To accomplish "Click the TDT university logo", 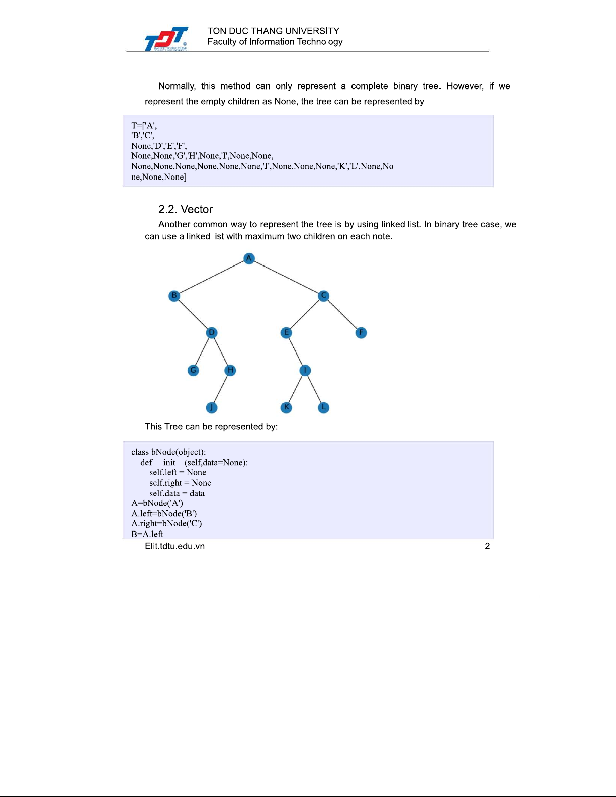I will tap(166, 39).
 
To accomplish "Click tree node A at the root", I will tap(249, 258).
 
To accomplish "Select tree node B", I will tap(174, 295).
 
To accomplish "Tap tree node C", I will tap(324, 296).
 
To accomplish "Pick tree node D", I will tap(212, 333).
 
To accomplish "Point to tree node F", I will tap(361, 333).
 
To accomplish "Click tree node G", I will tap(193, 370).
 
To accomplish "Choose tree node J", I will tap(212, 407).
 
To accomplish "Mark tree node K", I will tap(286, 407).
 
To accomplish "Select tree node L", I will tap(324, 407).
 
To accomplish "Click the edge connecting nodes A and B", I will tap(211, 277).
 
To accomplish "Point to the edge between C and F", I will tap(342, 314).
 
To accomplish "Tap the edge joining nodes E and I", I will tap(296, 351).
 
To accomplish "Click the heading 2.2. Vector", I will tap(186, 209).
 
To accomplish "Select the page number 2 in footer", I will tap(487, 546).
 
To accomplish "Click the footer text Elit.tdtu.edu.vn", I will tap(174, 546).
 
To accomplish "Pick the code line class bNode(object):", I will tap(168, 452).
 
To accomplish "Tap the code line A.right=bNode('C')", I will tap(166, 523).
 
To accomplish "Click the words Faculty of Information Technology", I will tap(275, 42).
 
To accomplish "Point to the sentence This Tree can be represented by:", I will tap(211, 426).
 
